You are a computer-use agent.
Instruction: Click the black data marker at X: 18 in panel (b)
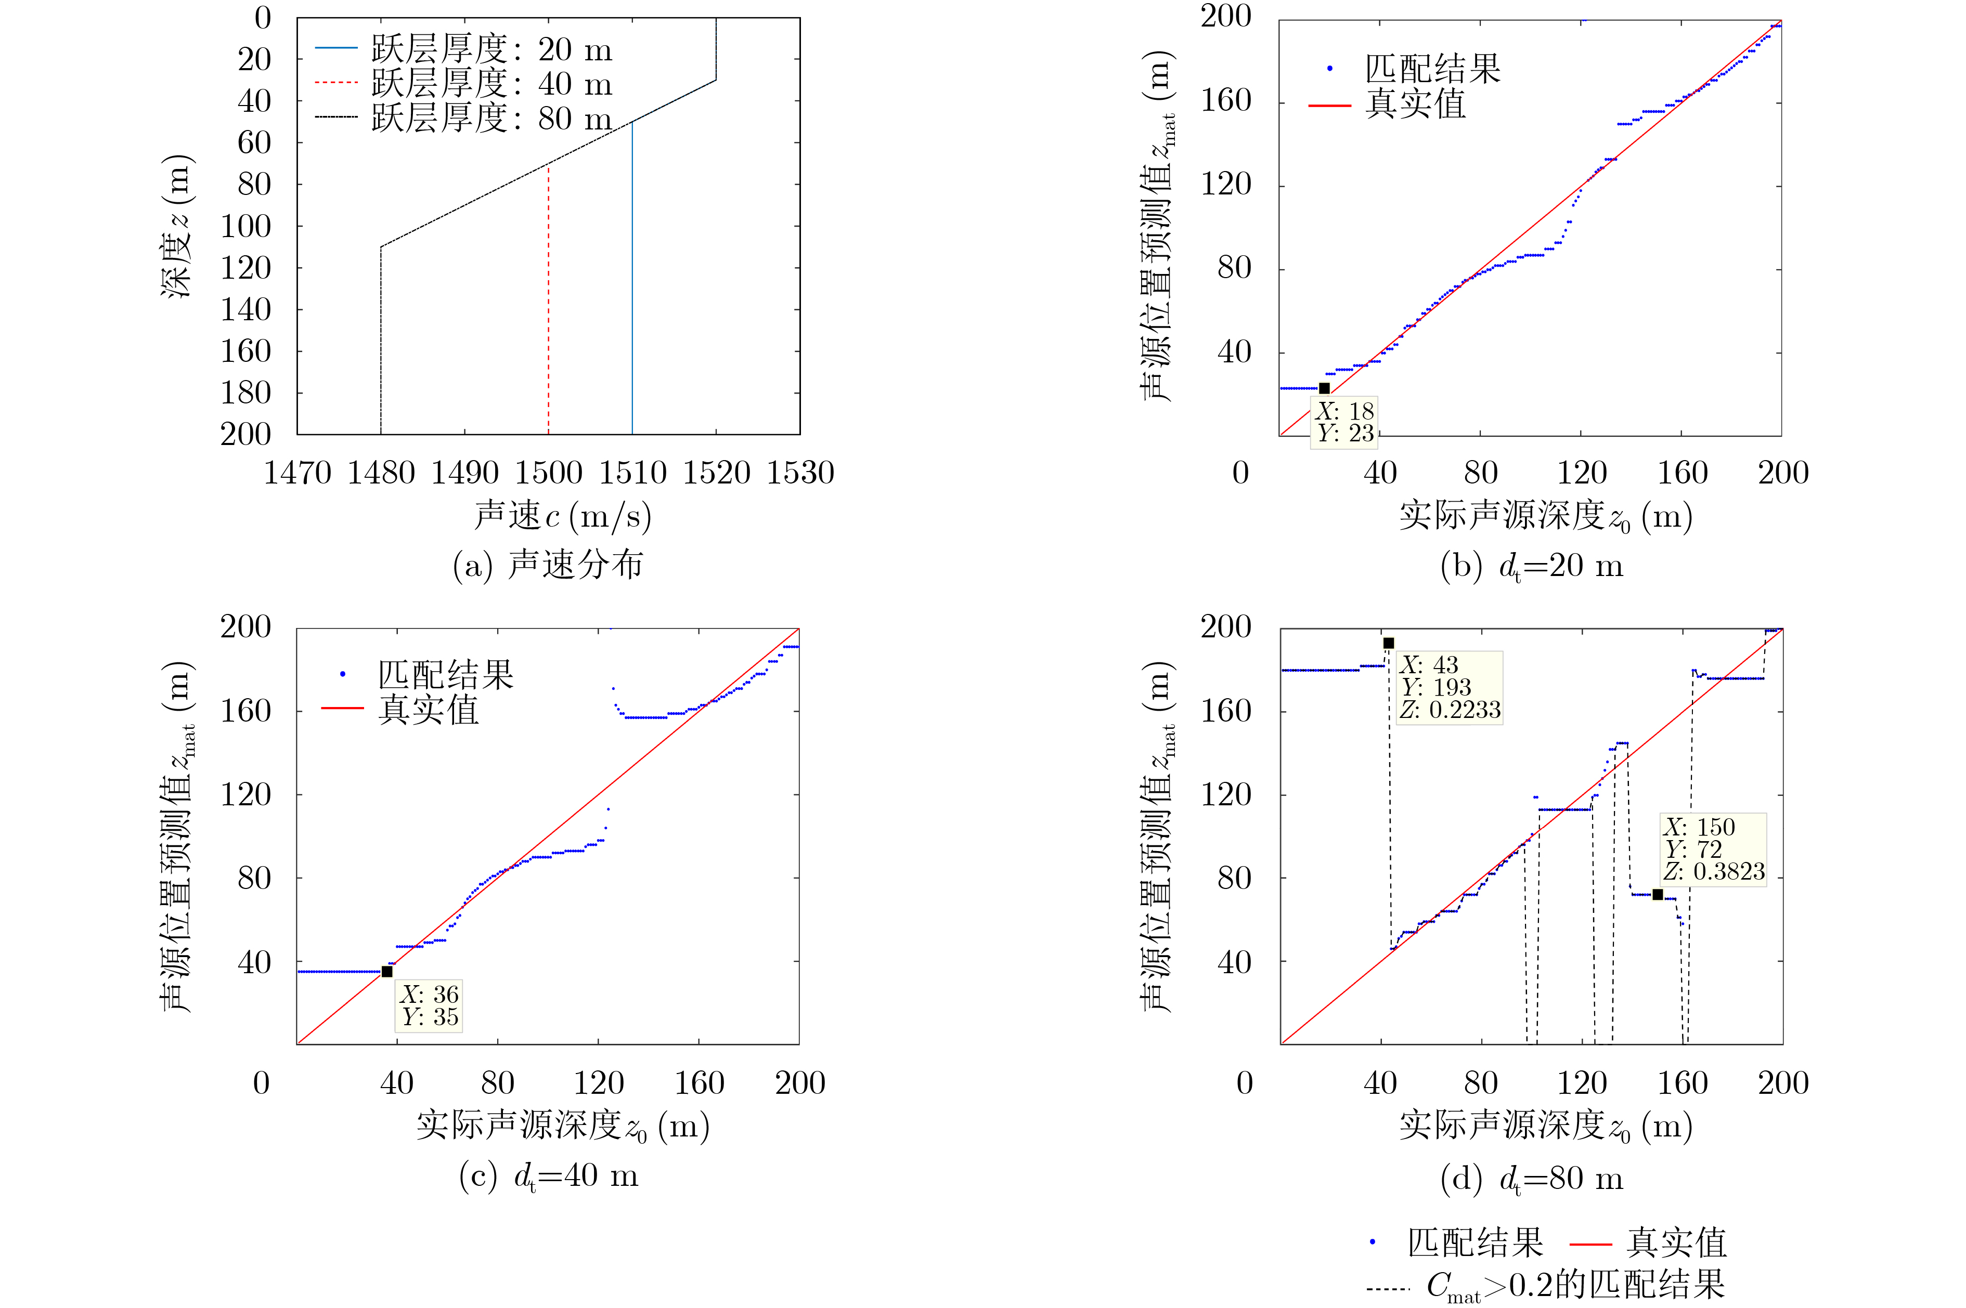(x=1324, y=388)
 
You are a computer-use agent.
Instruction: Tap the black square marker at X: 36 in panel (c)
(x=387, y=971)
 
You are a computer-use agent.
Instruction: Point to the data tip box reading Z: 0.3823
(x=1713, y=849)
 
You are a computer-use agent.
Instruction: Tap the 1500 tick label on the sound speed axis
(x=548, y=474)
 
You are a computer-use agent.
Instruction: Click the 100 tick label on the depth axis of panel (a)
(x=245, y=226)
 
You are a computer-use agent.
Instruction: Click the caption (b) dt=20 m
(x=1531, y=567)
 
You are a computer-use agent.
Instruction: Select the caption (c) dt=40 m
(x=548, y=1176)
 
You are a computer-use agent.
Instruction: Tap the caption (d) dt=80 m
(x=1531, y=1179)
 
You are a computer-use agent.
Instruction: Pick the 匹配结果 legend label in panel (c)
(x=446, y=675)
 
